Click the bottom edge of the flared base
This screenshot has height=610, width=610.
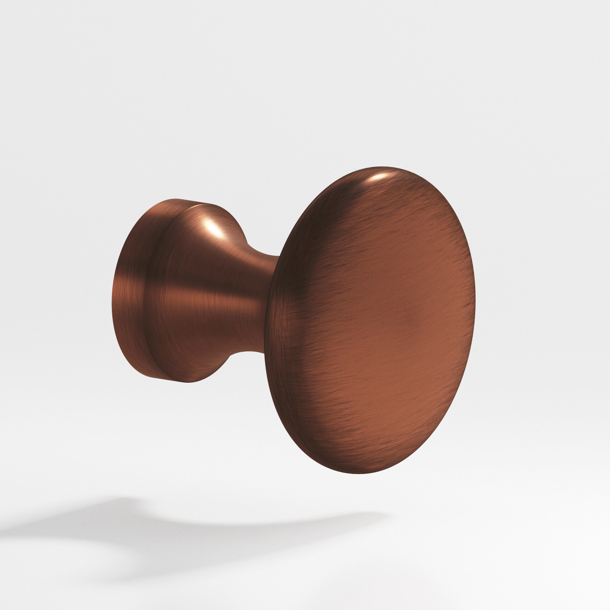[189, 382]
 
